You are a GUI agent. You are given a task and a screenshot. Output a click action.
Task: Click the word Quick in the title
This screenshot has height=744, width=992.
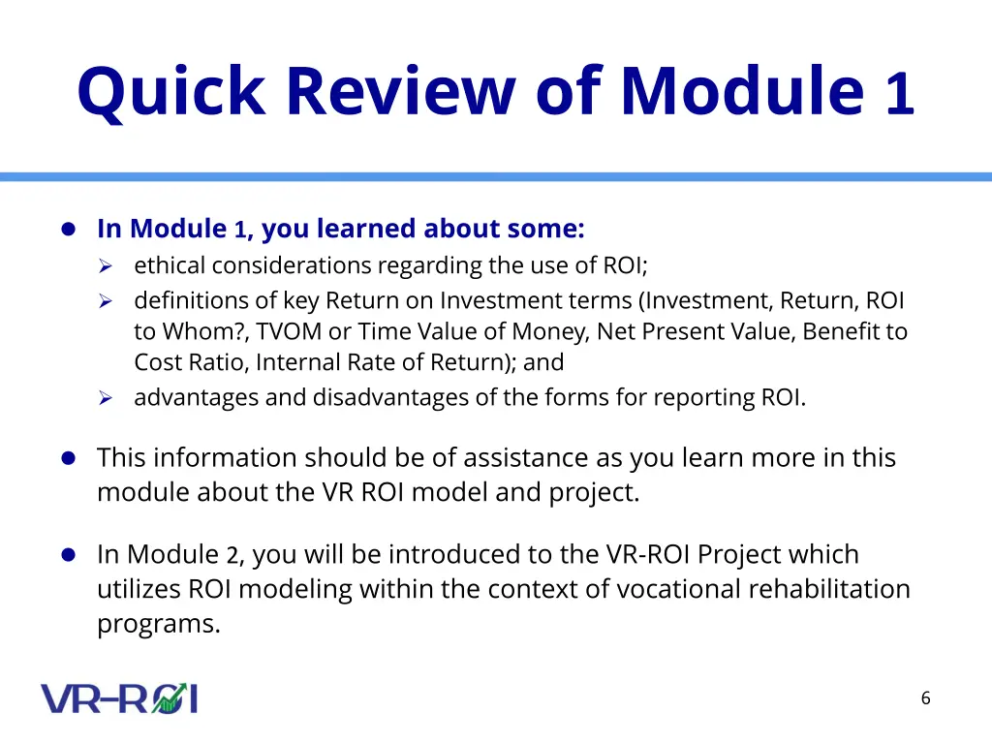click(x=170, y=92)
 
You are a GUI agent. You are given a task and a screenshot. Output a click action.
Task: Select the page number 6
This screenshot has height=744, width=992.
click(x=925, y=697)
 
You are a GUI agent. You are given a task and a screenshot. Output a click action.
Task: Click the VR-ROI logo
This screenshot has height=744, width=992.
click(x=119, y=698)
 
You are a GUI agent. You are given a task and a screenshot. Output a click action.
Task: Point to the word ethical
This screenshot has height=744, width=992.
click(x=170, y=265)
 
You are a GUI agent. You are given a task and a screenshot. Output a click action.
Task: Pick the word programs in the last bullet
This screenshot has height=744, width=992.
click(x=159, y=625)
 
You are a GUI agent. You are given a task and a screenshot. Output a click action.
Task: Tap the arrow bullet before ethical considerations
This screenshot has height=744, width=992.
click(x=106, y=266)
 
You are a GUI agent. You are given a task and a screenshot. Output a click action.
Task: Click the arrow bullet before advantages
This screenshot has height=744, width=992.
click(x=106, y=398)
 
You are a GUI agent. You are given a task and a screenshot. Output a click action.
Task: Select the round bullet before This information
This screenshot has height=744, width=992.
click(x=69, y=458)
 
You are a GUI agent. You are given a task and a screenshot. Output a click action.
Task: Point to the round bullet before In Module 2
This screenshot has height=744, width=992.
click(x=69, y=555)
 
